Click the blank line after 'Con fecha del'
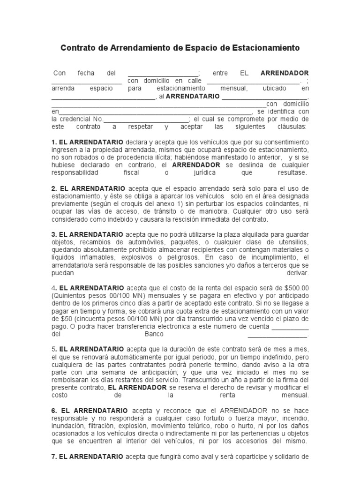tap(163, 74)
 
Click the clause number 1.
tap(53, 142)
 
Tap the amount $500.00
tap(297, 287)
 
